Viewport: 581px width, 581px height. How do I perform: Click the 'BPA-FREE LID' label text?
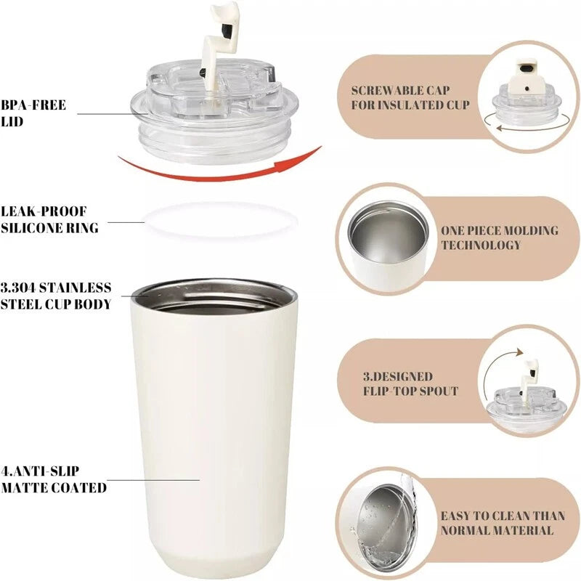33,113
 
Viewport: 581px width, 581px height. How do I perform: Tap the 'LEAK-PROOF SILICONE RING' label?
49,219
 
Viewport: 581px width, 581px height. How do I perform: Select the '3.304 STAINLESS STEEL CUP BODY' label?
56,296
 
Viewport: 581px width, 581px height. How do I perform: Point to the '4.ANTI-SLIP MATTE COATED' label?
54,479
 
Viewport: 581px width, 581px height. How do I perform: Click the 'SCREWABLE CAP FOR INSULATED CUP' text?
410,98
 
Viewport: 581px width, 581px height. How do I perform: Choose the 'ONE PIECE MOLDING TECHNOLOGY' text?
500,237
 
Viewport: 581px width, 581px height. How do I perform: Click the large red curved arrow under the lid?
218,171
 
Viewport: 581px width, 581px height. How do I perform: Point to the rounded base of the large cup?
215,563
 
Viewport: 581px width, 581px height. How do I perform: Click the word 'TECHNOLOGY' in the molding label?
481,245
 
